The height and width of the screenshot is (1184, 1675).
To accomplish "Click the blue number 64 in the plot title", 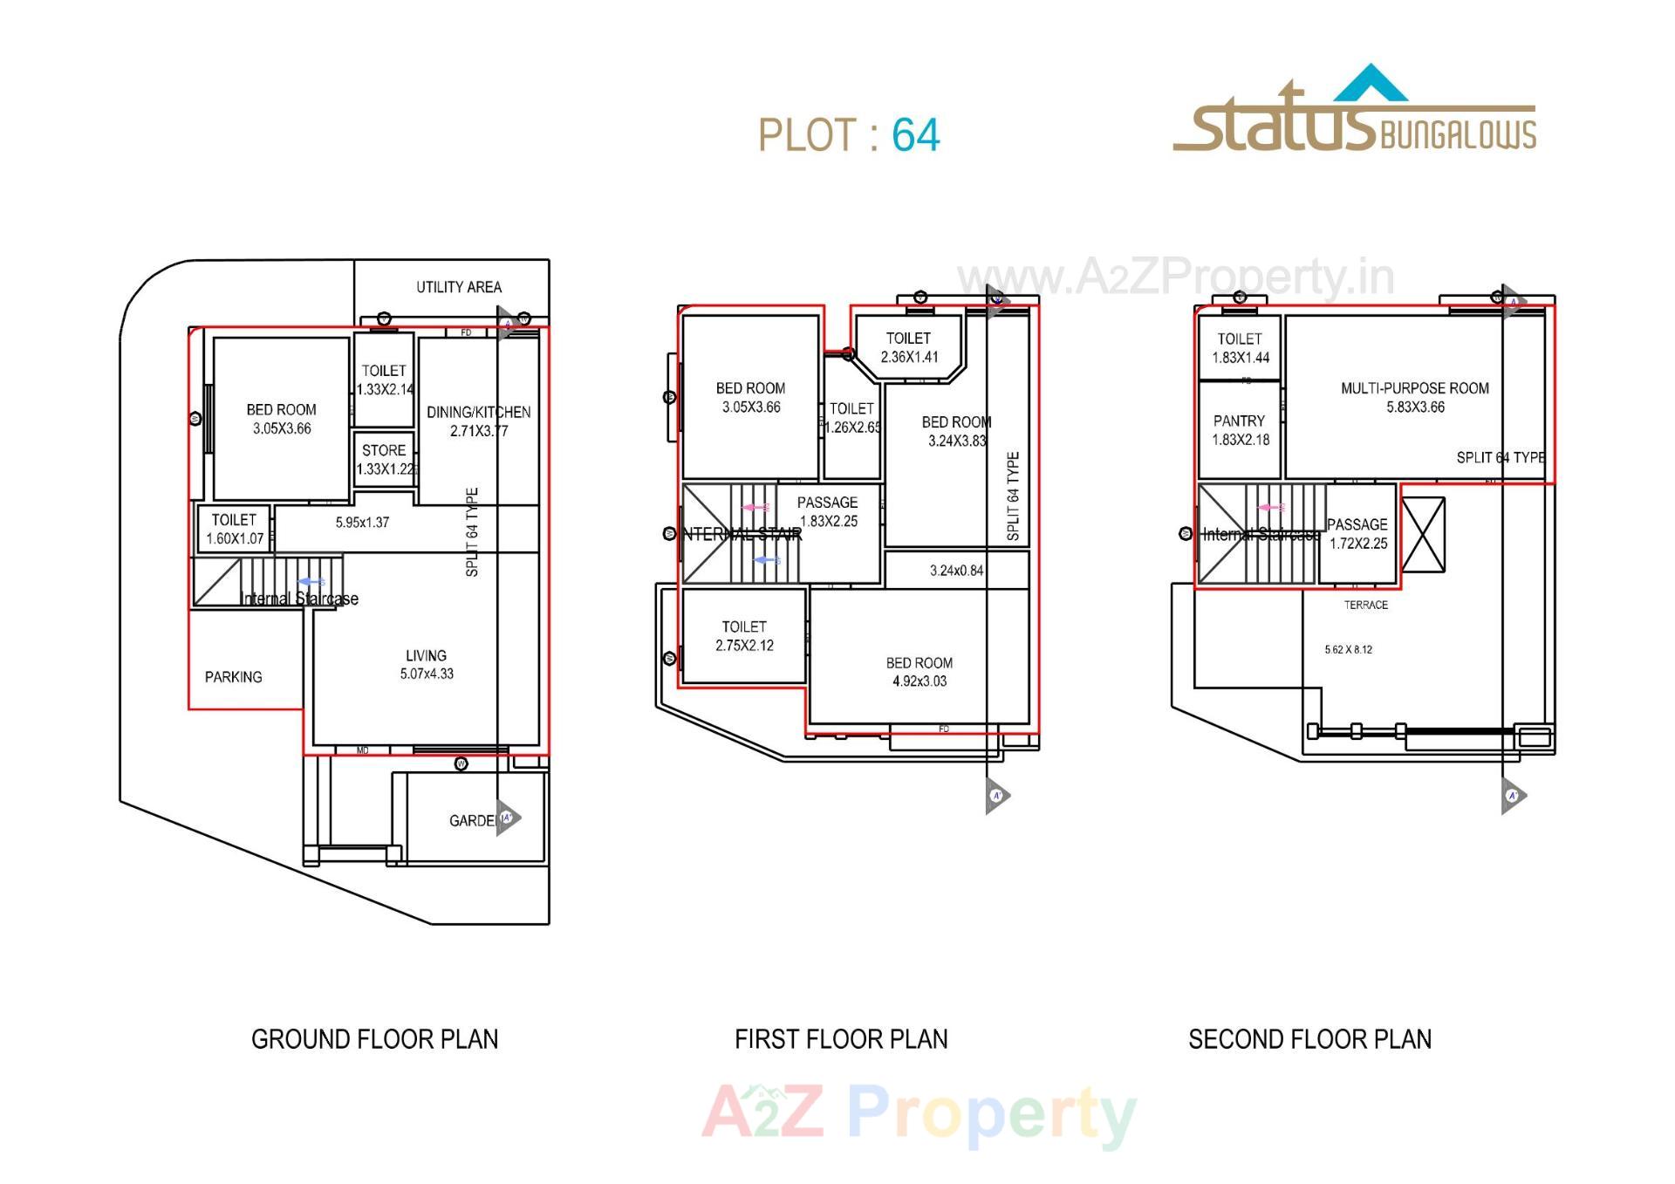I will pyautogui.click(x=915, y=135).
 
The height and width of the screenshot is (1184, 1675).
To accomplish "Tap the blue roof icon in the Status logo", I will pyautogui.click(x=1371, y=85).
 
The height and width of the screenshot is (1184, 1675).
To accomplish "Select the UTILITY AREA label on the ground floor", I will pyautogui.click(x=458, y=287).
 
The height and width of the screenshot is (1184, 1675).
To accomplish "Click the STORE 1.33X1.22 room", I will pyautogui.click(x=384, y=460).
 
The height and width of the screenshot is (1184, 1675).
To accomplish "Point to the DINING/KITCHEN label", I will pyautogui.click(x=478, y=412).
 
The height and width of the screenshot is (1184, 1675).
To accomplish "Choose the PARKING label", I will pyautogui.click(x=233, y=677).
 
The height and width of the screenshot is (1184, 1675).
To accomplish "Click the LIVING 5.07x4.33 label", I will pyautogui.click(x=426, y=665).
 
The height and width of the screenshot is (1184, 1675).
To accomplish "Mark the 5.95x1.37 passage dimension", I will pyautogui.click(x=362, y=523).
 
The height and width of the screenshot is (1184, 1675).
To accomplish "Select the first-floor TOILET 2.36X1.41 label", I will pyautogui.click(x=909, y=347).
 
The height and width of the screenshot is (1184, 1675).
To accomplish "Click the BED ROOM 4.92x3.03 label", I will pyautogui.click(x=919, y=672).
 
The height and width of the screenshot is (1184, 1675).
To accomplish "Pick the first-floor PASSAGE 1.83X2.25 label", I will pyautogui.click(x=827, y=511).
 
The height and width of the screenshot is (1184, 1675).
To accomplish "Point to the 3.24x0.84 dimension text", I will pyautogui.click(x=956, y=571).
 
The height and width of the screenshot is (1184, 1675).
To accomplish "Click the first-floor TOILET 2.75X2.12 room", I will pyautogui.click(x=744, y=636).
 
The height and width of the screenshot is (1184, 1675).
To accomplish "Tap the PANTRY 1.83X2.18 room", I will pyautogui.click(x=1240, y=430).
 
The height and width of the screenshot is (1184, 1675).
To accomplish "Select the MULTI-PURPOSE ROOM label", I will pyautogui.click(x=1414, y=388).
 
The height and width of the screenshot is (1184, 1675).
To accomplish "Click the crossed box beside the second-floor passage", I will pyautogui.click(x=1423, y=535).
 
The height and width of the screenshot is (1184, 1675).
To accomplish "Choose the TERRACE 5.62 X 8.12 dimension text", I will pyautogui.click(x=1348, y=650).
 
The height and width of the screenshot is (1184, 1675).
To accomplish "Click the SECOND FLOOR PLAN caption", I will pyautogui.click(x=1309, y=1039).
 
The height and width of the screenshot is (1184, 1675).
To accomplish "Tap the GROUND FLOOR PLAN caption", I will pyautogui.click(x=374, y=1039).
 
